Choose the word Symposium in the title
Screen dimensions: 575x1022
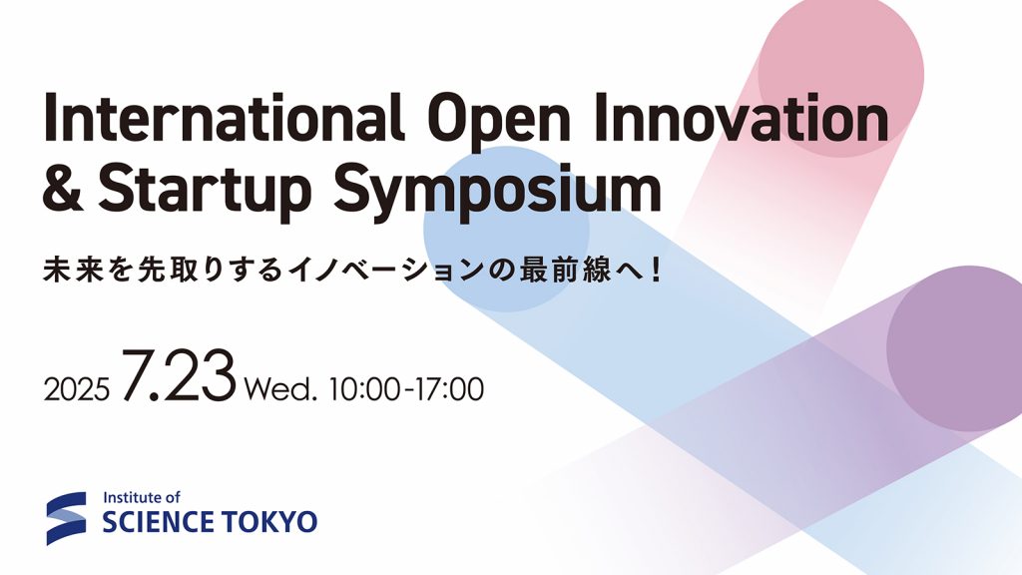[498, 191]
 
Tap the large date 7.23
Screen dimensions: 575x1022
[180, 376]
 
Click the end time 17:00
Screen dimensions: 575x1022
[448, 387]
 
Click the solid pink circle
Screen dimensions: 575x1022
[840, 74]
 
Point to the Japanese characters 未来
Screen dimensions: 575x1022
[75, 270]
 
